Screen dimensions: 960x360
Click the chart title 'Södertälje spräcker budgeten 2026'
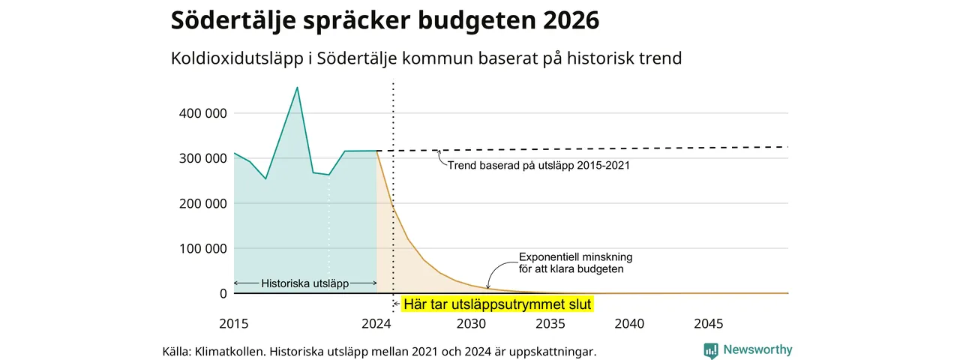(x=385, y=20)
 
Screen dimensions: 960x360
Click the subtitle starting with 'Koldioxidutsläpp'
(x=426, y=58)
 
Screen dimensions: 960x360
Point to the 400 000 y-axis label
(x=202, y=113)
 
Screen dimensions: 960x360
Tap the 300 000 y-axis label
(x=202, y=158)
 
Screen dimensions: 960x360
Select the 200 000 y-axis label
(x=202, y=203)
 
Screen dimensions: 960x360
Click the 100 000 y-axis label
(x=202, y=248)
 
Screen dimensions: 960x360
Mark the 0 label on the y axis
(x=223, y=293)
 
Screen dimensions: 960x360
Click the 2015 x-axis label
(x=233, y=323)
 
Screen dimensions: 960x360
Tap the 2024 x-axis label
(x=376, y=323)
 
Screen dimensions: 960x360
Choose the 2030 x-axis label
(x=471, y=323)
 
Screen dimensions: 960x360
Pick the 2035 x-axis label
(x=550, y=323)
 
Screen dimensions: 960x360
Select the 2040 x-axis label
(x=629, y=323)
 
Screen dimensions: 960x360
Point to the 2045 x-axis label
(x=709, y=323)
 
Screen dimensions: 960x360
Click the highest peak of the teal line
(x=298, y=88)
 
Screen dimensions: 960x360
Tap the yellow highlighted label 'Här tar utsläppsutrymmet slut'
(x=497, y=304)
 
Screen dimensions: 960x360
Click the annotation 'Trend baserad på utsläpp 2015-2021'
(x=538, y=166)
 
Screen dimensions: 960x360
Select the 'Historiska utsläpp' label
(x=304, y=283)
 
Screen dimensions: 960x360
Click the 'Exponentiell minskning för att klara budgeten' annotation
(x=575, y=263)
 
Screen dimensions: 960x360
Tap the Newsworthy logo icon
(x=711, y=350)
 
